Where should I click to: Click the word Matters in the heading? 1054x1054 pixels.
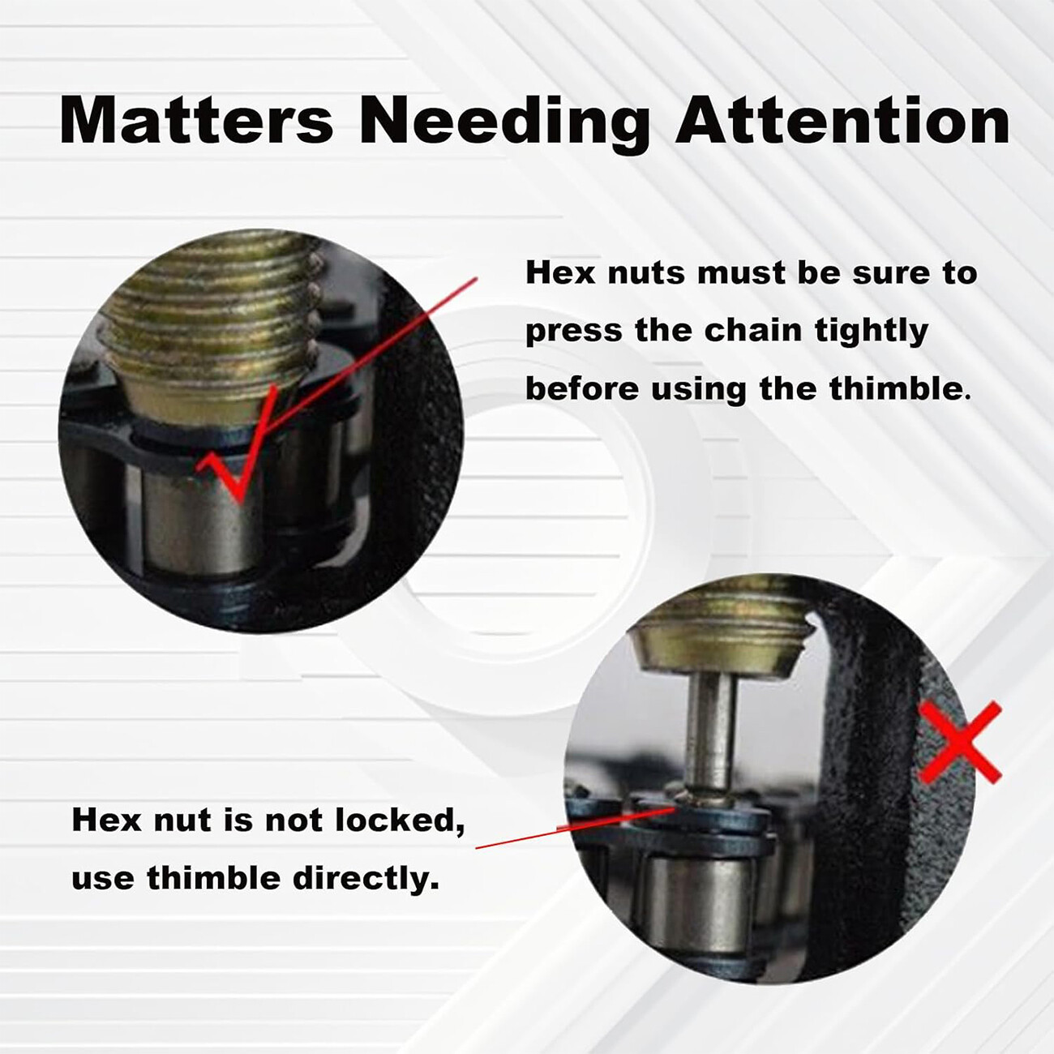(x=196, y=120)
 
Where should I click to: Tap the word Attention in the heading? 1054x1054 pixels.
(x=842, y=120)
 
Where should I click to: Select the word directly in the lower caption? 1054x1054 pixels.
(x=366, y=879)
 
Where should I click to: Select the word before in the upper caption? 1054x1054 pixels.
(x=582, y=388)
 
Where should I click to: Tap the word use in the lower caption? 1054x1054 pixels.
(x=103, y=880)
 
